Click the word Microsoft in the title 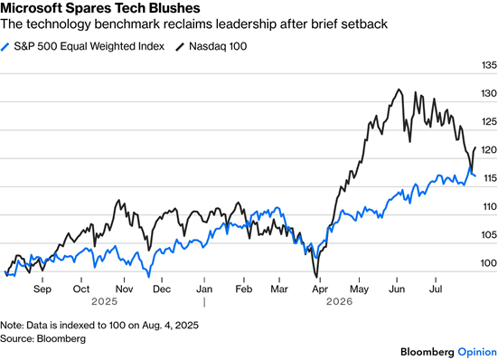[32, 8]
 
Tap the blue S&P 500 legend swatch [5, 47]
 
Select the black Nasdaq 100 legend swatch [180, 47]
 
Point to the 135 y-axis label [489, 65]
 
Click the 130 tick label [489, 93]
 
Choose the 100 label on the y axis [489, 263]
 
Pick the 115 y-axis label [489, 178]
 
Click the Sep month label [42, 289]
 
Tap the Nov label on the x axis [124, 289]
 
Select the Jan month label [204, 289]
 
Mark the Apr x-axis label [320, 289]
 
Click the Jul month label [436, 289]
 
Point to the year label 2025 [105, 301]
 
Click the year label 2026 [340, 301]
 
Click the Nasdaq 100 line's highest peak [399, 90]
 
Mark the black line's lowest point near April [316, 277]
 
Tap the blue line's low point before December [148, 277]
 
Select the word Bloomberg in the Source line [61, 338]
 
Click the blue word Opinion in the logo [477, 352]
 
